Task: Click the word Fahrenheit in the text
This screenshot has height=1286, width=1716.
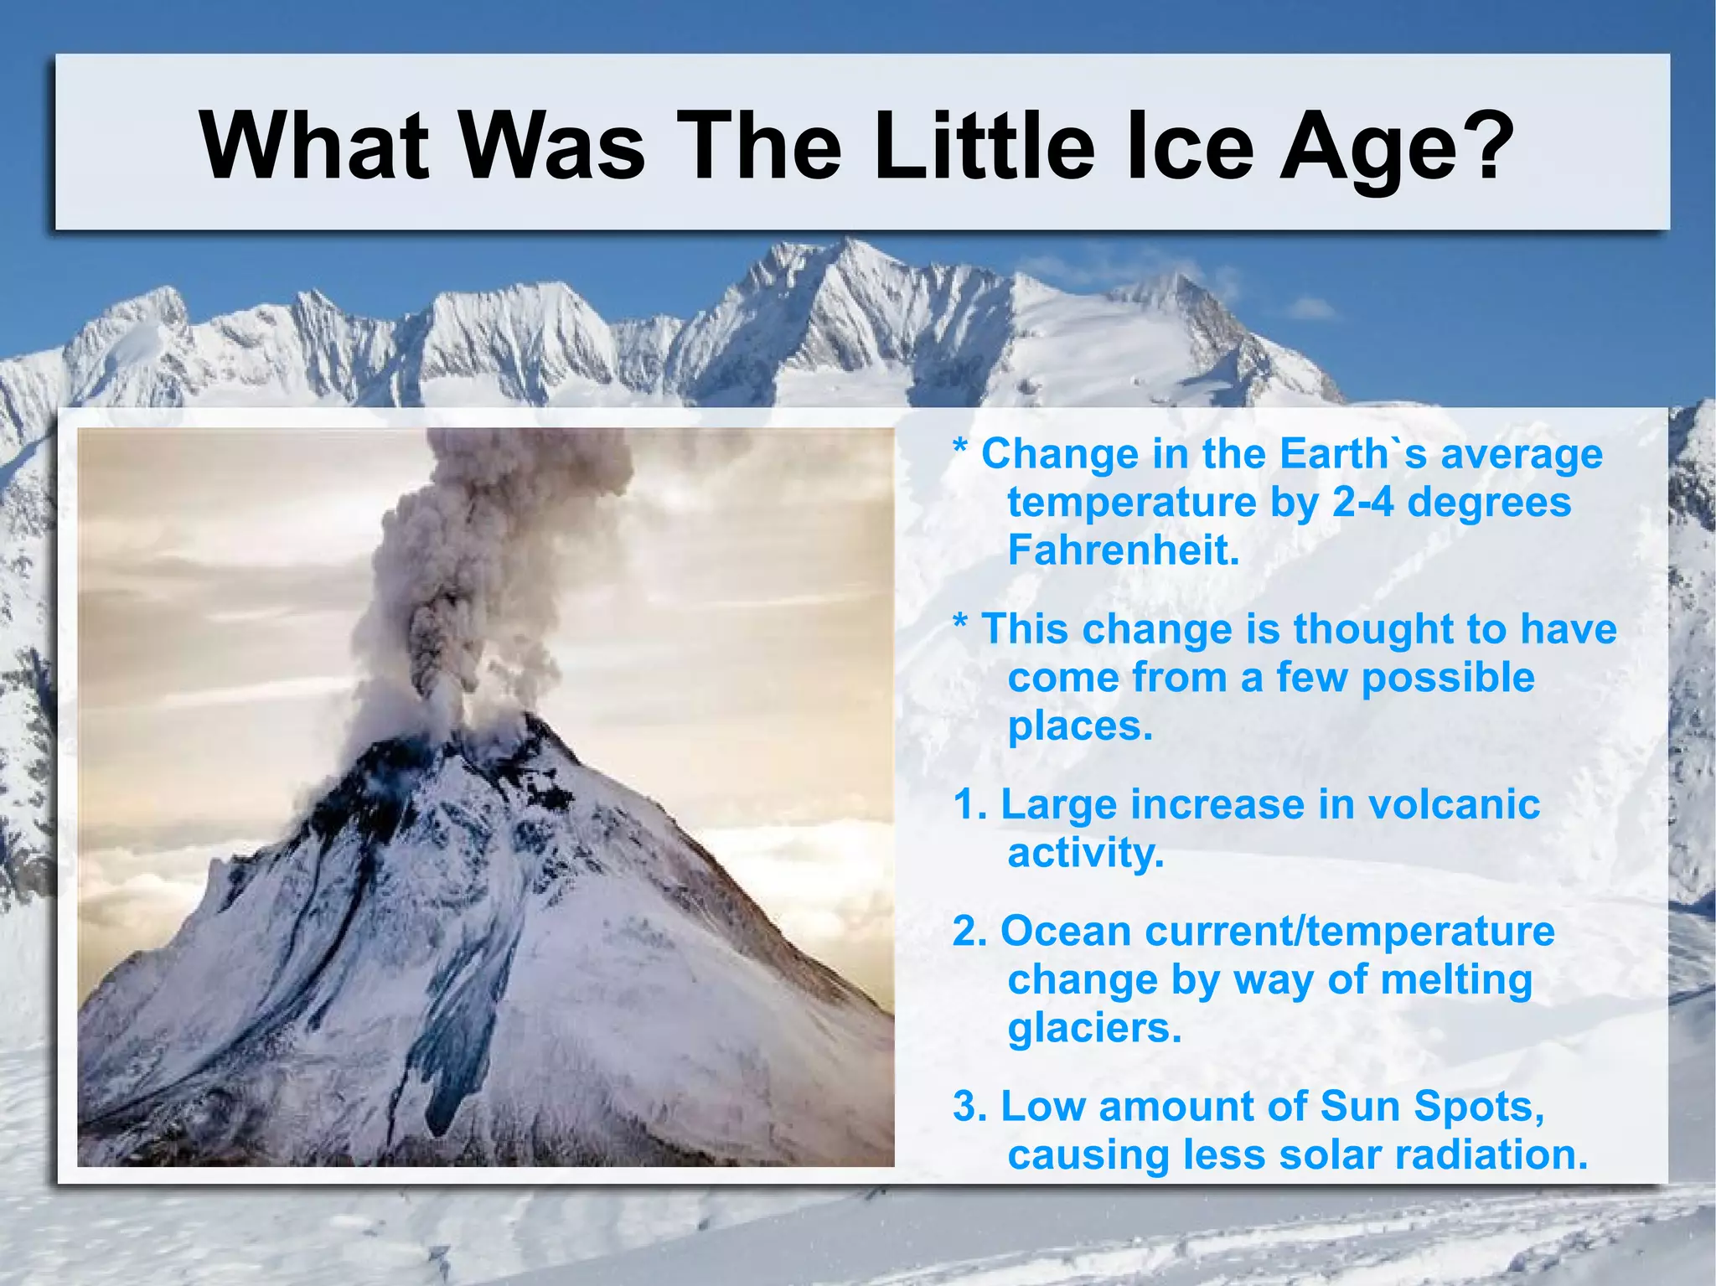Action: pos(1123,550)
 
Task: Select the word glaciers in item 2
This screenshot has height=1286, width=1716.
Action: pos(1093,1029)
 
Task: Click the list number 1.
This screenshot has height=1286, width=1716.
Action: pos(969,804)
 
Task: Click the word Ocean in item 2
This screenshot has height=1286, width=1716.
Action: pos(1066,931)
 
